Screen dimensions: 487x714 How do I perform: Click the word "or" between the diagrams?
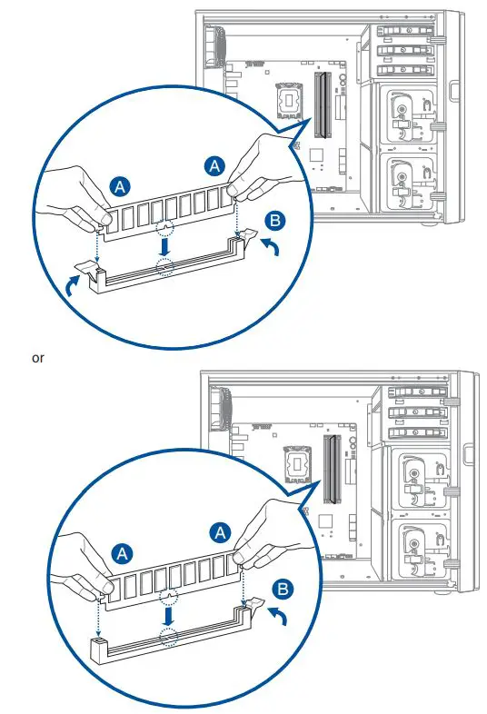pyautogui.click(x=38, y=359)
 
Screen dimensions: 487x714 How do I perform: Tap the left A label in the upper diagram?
pyautogui.click(x=120, y=187)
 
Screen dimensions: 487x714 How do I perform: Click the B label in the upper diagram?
pyautogui.click(x=274, y=221)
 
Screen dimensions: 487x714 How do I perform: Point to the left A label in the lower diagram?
pyautogui.click(x=122, y=554)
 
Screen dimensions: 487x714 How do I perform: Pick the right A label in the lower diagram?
pyautogui.click(x=220, y=532)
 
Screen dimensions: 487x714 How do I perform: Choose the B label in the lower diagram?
pyautogui.click(x=283, y=590)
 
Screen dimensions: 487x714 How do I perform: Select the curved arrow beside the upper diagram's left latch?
pyautogui.click(x=72, y=287)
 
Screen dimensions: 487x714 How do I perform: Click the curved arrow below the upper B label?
pyautogui.click(x=272, y=248)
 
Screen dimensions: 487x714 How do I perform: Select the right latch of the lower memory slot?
pyautogui.click(x=252, y=604)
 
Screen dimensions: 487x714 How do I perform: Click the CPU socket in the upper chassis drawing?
pyautogui.click(x=290, y=99)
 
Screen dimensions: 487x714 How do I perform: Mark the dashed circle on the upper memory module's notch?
pyautogui.click(x=165, y=228)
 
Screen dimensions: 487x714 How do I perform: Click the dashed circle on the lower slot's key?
pyautogui.click(x=168, y=635)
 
